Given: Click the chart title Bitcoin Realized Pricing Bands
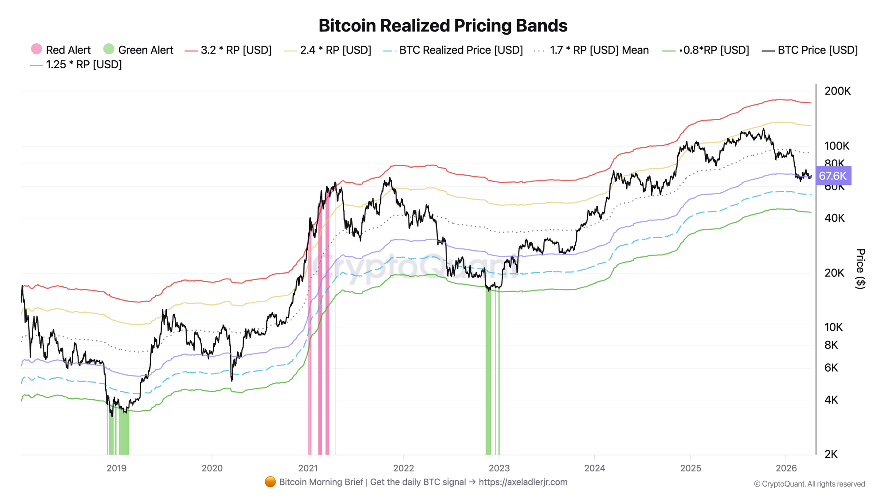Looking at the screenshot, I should click(x=443, y=26).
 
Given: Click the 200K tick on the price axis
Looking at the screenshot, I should click(x=837, y=91).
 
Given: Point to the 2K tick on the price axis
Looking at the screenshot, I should click(x=831, y=454).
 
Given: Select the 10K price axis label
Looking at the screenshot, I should click(x=833, y=327).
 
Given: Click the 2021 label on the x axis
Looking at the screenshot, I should click(x=308, y=468).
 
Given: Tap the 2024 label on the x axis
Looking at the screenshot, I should click(x=594, y=468).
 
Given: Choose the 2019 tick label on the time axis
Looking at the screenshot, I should click(x=117, y=468).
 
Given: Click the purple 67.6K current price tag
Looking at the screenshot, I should click(x=832, y=176).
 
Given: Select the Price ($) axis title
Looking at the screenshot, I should click(x=860, y=269).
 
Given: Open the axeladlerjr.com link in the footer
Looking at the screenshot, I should click(x=523, y=482).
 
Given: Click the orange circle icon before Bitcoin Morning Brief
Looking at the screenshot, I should click(x=270, y=482).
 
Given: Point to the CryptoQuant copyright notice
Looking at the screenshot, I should click(x=809, y=484).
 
